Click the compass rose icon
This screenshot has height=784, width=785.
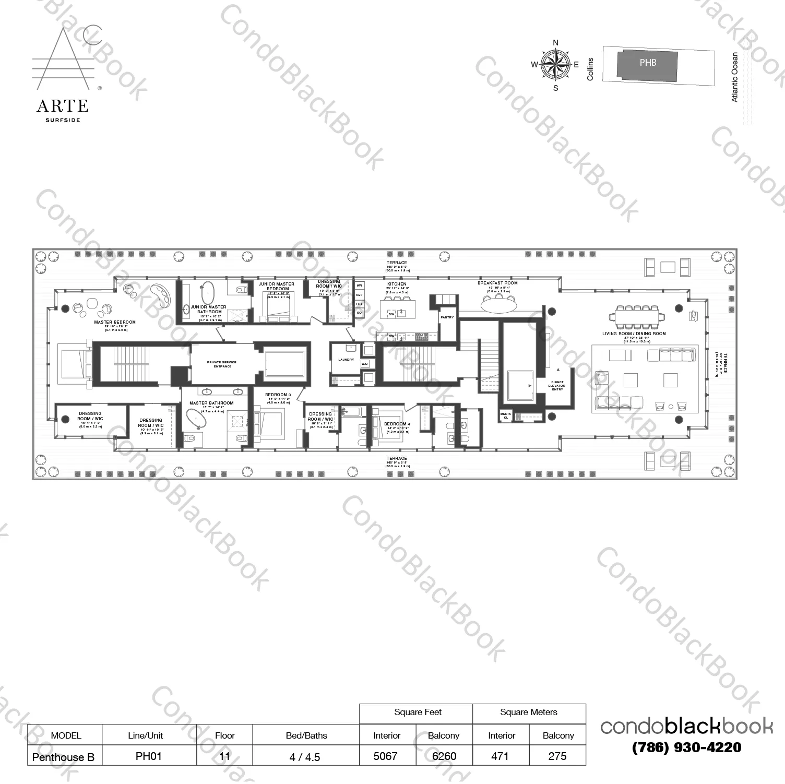[555, 65]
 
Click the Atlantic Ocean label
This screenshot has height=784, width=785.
[735, 77]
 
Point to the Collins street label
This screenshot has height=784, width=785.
[590, 69]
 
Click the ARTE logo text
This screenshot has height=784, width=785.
[62, 106]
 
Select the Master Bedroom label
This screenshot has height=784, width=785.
[115, 322]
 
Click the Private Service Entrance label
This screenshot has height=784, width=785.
[222, 364]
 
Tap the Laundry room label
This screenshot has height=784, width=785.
[346, 360]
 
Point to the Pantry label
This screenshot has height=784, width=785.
[447, 317]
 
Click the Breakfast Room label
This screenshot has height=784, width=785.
[497, 283]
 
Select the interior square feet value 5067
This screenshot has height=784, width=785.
[386, 756]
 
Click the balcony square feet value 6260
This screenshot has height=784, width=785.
[444, 756]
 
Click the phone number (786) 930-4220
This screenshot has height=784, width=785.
[686, 747]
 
